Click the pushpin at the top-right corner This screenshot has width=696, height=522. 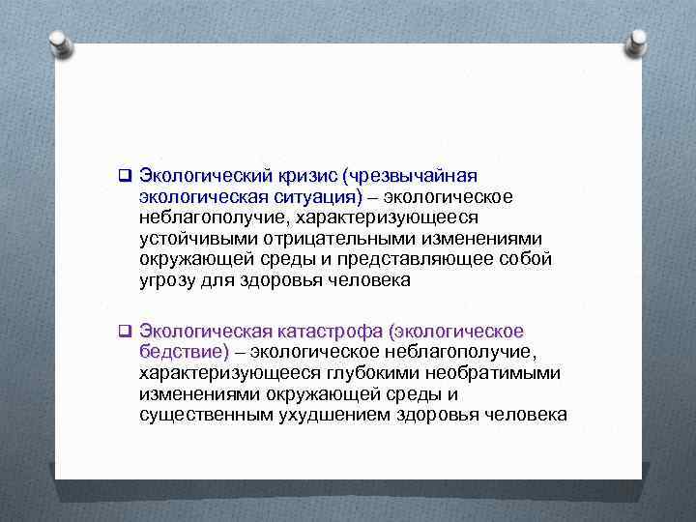pos(638,42)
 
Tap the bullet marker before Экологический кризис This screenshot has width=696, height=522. pos(125,176)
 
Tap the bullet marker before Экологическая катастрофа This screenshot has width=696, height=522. pos(125,331)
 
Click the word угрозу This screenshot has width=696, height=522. pos(169,280)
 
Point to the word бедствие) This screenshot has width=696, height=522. pos(185,351)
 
